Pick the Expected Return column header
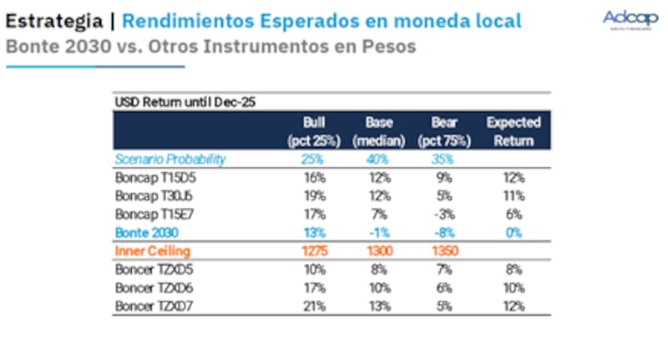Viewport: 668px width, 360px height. point(514,131)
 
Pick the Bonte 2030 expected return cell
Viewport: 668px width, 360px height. point(514,232)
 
